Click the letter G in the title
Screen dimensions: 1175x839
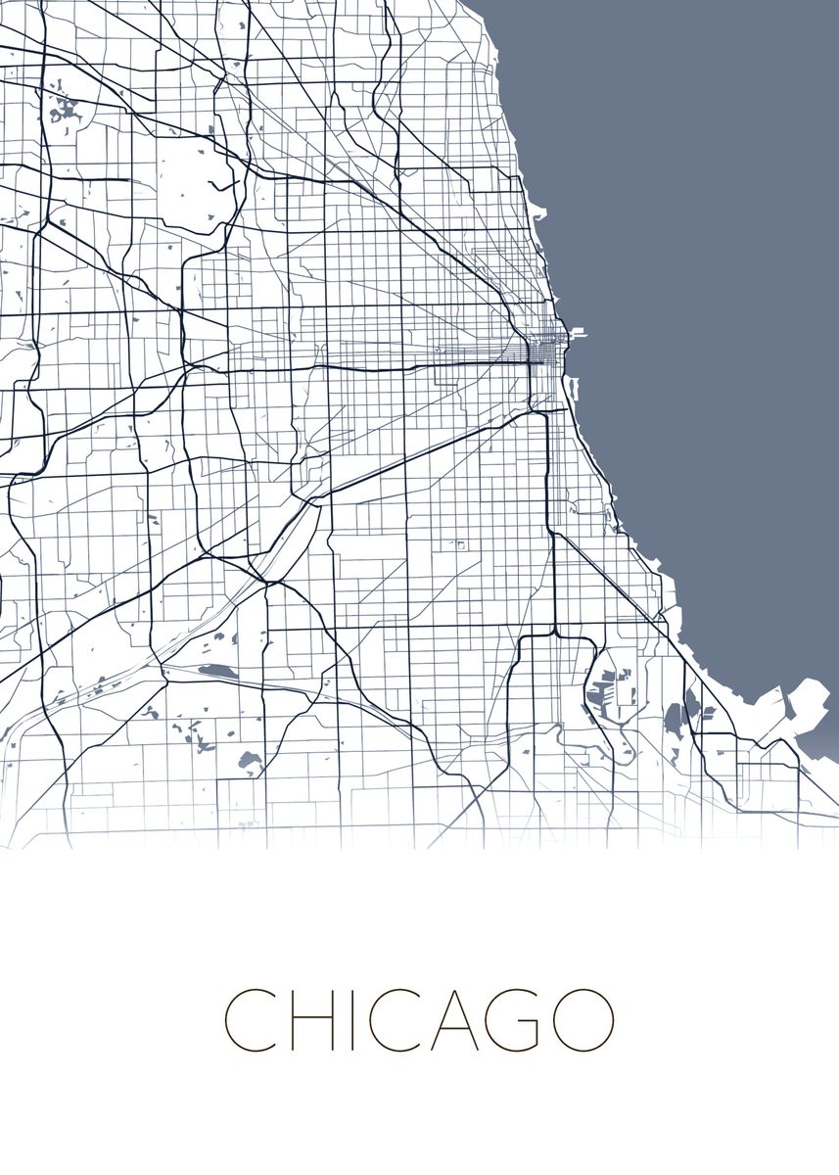(x=514, y=1019)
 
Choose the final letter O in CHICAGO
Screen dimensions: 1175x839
(x=582, y=1019)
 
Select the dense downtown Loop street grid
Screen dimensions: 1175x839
(x=540, y=351)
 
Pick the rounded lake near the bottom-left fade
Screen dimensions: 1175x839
(x=249, y=759)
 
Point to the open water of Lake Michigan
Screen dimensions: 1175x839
(x=705, y=245)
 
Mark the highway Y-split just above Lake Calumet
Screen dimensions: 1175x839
(x=554, y=632)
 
